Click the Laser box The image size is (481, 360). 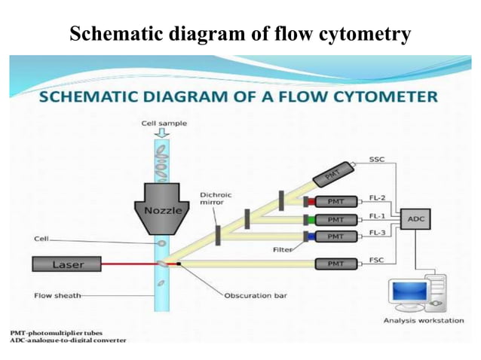[69, 264]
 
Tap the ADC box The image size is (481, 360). [416, 220]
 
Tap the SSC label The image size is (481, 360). [377, 159]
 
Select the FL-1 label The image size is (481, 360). [378, 215]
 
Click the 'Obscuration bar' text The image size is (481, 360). [255, 295]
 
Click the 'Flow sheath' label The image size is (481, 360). [57, 294]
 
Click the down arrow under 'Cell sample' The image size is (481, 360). [163, 133]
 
